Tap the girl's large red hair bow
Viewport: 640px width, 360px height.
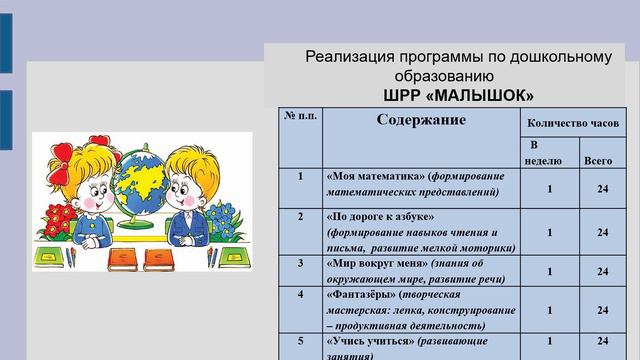pyautogui.click(x=63, y=154)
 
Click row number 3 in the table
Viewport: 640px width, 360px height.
pyautogui.click(x=301, y=264)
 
